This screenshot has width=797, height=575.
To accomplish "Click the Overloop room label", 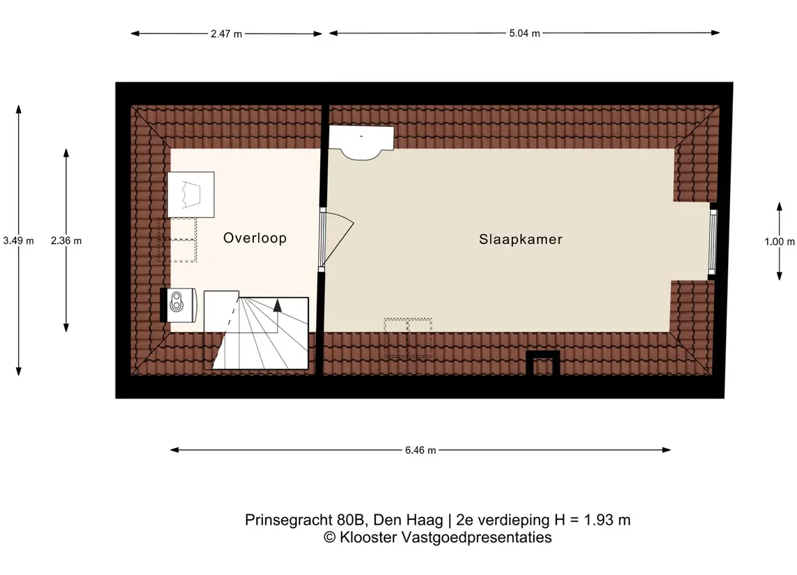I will [x=255, y=238].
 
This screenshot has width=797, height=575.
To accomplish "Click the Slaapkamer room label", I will [x=521, y=239].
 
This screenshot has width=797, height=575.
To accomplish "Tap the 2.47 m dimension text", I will [x=226, y=33].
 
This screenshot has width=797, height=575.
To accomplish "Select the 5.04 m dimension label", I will [x=525, y=33].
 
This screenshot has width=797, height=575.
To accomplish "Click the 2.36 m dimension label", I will [x=66, y=240].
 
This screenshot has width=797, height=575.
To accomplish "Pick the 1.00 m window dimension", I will [x=779, y=242].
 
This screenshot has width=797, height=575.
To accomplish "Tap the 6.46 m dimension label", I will [x=420, y=450].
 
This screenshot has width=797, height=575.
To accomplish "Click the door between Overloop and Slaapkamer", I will [x=337, y=237].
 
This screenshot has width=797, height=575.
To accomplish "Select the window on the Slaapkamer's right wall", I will [x=712, y=240].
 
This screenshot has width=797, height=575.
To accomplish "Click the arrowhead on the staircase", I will [x=278, y=305].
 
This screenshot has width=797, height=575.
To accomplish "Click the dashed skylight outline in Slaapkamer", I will [x=408, y=338].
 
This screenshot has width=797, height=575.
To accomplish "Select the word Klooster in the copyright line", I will [x=366, y=537].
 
